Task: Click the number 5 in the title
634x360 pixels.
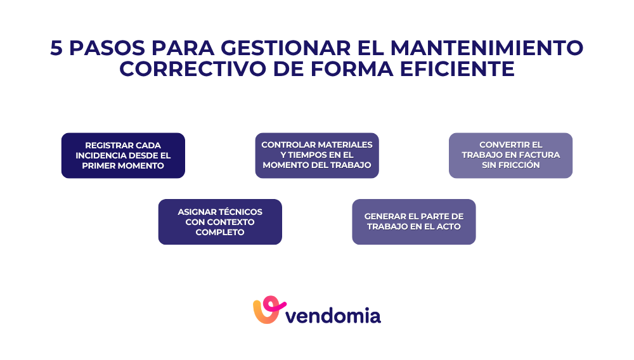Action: (56, 48)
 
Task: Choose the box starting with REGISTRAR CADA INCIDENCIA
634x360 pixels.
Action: (123, 155)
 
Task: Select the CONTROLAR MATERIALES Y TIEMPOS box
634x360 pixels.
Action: (317, 155)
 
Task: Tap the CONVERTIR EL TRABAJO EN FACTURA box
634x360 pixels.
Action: (510, 155)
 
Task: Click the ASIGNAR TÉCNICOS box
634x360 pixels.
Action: (220, 222)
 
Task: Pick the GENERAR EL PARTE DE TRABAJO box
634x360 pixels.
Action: (413, 222)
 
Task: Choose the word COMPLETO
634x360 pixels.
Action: (220, 233)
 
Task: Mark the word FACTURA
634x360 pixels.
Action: (538, 155)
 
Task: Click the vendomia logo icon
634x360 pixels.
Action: (267, 310)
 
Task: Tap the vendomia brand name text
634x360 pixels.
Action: (333, 314)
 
